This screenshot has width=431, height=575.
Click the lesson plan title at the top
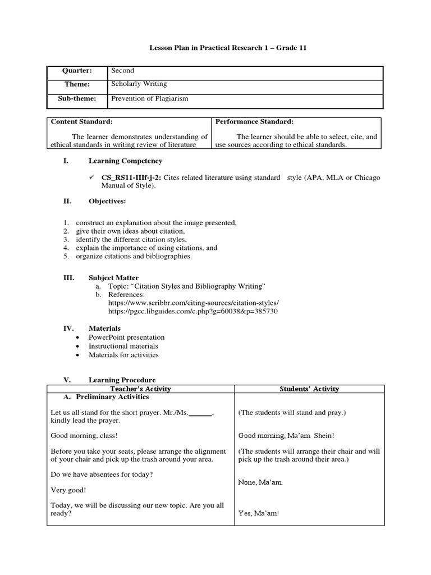click(x=228, y=48)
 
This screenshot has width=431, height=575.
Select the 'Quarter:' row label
click(x=78, y=71)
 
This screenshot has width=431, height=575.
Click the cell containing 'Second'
click(x=123, y=71)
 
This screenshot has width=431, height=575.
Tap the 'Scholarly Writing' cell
click(x=139, y=84)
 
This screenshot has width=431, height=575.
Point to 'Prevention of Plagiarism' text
click(x=149, y=99)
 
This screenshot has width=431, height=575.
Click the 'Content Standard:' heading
click(x=82, y=122)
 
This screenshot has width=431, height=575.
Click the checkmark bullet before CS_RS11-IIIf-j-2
click(x=92, y=177)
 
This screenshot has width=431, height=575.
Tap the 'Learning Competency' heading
click(x=125, y=161)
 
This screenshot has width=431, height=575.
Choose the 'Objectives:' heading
click(x=107, y=201)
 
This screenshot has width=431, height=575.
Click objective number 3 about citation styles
click(x=131, y=239)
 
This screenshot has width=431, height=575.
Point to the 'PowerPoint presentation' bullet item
click(x=127, y=337)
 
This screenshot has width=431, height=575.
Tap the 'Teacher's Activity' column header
click(x=140, y=389)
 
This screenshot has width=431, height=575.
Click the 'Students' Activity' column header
click(x=309, y=389)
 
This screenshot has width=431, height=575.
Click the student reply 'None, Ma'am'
click(x=260, y=483)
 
